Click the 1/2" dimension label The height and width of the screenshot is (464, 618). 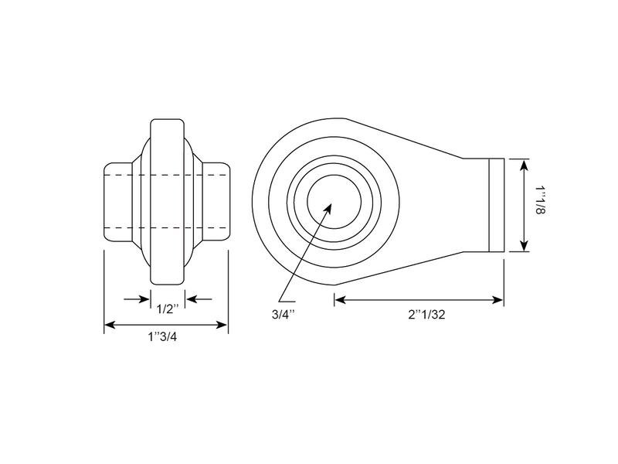pos(168,309)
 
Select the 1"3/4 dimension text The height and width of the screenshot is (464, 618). pos(162,337)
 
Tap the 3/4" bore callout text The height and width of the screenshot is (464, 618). pos(284,315)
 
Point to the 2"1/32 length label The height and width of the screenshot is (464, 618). pos(427,315)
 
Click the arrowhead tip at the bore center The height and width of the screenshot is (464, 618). pos(331,204)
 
